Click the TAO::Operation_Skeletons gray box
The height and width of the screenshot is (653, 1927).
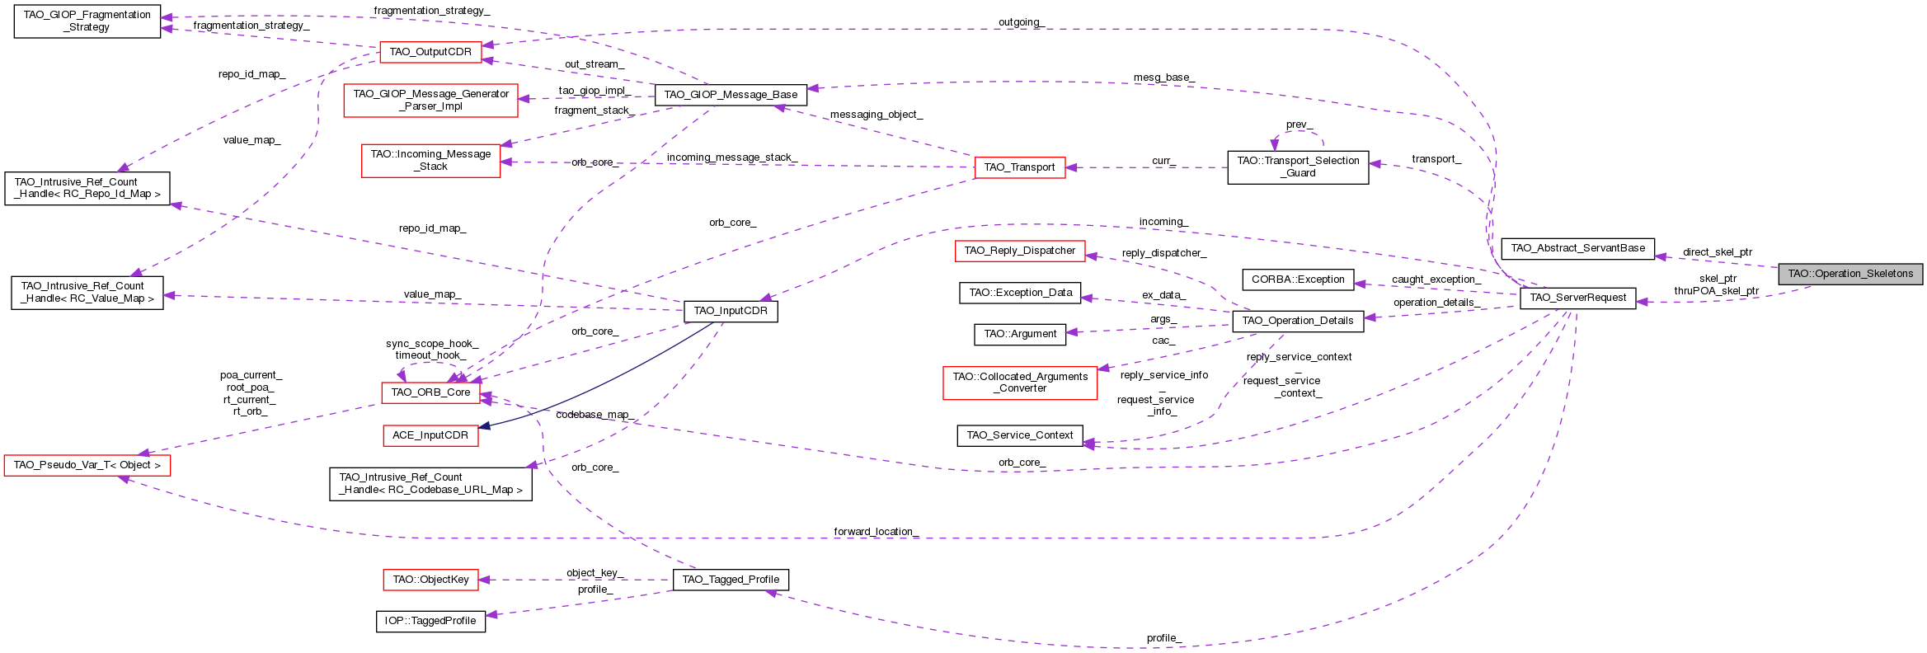coord(1849,274)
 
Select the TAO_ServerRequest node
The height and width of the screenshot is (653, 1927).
coord(1577,298)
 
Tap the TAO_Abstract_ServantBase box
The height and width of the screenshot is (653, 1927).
coord(1577,248)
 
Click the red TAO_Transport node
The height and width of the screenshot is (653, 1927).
coord(1019,167)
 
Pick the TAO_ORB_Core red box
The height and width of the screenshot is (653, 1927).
coord(430,392)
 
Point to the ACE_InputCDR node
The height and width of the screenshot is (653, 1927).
coord(430,435)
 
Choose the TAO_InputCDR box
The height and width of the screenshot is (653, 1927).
coord(731,311)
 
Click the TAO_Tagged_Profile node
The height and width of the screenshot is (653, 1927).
coord(731,580)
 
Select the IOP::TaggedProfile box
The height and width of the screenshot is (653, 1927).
coord(430,621)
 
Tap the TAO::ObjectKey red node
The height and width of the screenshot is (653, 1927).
coord(430,580)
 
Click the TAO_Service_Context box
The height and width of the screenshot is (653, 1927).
coord(1019,435)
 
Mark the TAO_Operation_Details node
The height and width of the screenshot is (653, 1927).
coord(1297,321)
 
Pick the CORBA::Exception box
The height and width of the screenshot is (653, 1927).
coord(1297,280)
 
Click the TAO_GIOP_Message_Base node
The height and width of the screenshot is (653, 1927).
coord(731,95)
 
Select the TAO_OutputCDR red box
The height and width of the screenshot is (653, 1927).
coord(430,52)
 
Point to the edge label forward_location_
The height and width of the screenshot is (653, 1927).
coord(875,532)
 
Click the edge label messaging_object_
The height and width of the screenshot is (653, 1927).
coord(876,115)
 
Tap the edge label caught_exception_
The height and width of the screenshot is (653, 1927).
coord(1436,280)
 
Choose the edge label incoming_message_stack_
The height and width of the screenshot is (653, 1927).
coord(731,157)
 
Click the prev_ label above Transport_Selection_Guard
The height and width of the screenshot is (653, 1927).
coord(1299,124)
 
